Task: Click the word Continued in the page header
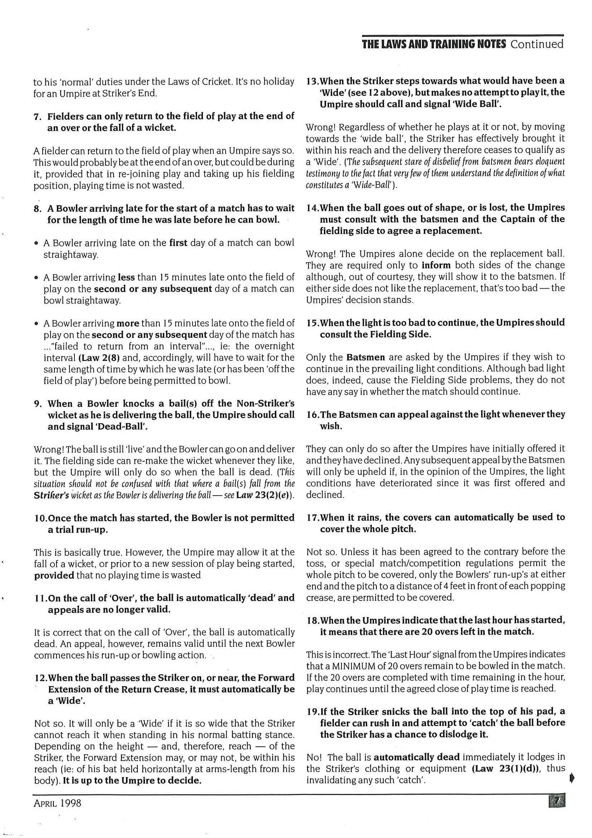537,44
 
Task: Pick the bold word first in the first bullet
178,243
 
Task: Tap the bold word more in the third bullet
128,323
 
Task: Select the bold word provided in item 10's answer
54,575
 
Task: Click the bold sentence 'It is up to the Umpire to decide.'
132,781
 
